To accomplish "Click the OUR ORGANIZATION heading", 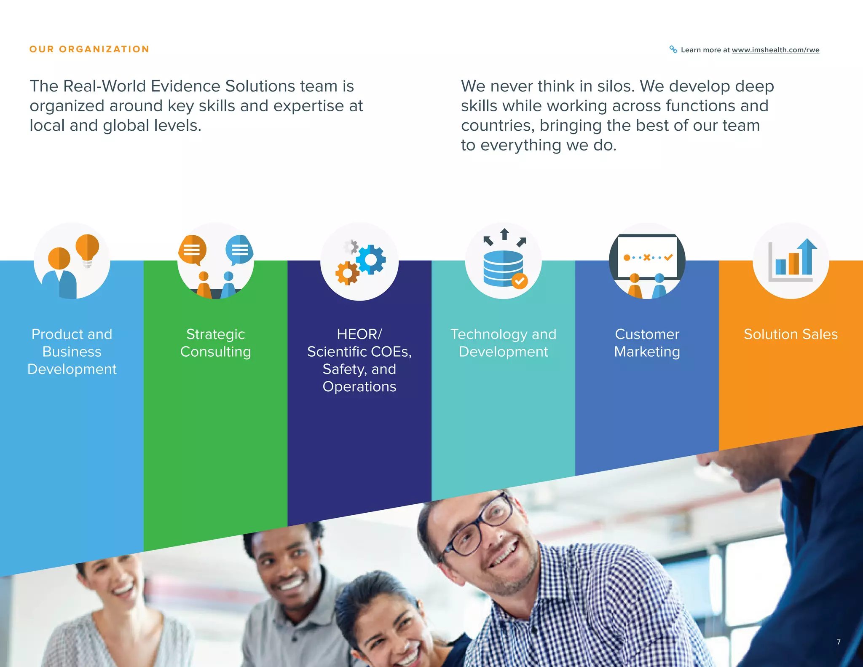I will click(x=89, y=49).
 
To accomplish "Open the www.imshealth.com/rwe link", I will click(x=775, y=50).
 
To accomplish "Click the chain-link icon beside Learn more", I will click(x=673, y=49).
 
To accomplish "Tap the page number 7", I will click(x=838, y=642).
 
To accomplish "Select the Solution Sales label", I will click(x=791, y=334).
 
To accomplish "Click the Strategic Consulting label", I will click(x=215, y=343).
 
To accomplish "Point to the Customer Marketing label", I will click(x=647, y=343).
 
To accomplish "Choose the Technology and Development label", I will click(x=503, y=343).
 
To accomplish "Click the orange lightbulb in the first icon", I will click(x=87, y=248).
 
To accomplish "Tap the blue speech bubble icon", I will click(x=239, y=250).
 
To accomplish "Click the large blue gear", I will click(x=371, y=260).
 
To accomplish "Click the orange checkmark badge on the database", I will click(x=520, y=281).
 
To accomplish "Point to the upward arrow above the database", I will click(x=504, y=234).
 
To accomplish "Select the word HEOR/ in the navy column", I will click(x=359, y=334).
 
